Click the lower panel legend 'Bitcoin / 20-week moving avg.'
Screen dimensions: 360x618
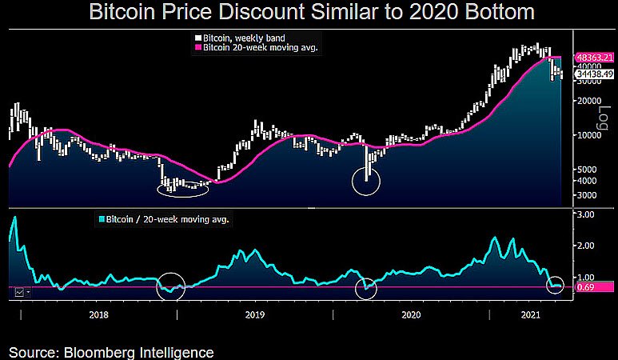(x=168, y=218)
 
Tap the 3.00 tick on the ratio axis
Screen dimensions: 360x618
(x=585, y=215)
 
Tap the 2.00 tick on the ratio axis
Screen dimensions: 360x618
(x=585, y=246)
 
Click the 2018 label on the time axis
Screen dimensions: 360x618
(x=98, y=316)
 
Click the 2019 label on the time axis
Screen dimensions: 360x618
(x=254, y=316)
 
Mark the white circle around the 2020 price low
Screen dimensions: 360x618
(x=366, y=180)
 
